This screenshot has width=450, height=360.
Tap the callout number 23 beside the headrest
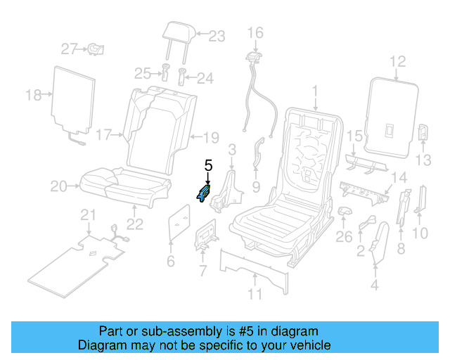click(x=217, y=36)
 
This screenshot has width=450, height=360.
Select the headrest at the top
click(x=176, y=32)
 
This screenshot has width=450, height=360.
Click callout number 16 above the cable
click(x=255, y=32)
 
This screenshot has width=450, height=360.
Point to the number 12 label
click(x=398, y=62)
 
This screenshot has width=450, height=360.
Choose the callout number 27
click(x=68, y=49)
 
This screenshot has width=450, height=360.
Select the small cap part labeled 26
click(x=345, y=211)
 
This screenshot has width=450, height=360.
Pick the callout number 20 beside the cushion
click(x=58, y=186)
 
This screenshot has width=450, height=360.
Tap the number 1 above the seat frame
click(x=316, y=91)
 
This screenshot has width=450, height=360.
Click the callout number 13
click(x=423, y=161)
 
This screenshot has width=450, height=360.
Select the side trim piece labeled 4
click(x=380, y=243)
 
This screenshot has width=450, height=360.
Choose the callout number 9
click(x=256, y=187)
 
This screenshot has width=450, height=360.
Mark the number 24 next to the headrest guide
click(x=205, y=77)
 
